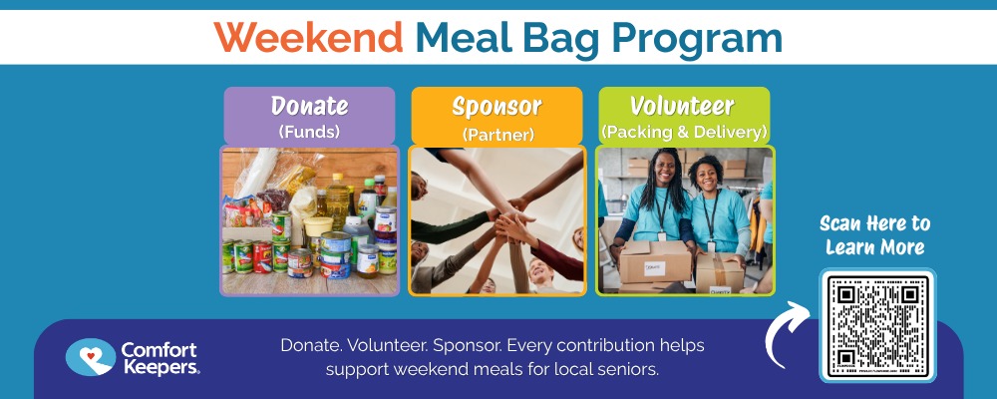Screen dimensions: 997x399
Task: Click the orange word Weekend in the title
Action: (308, 38)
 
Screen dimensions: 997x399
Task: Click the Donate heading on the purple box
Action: (310, 105)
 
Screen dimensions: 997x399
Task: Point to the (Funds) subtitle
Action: (309, 132)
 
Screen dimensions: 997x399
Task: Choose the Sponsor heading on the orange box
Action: (498, 107)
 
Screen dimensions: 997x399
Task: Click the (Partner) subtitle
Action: (498, 135)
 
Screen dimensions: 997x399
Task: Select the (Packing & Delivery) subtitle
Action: (684, 133)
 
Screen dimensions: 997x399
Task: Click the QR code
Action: (877, 325)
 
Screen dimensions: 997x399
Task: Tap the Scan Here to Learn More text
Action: (874, 234)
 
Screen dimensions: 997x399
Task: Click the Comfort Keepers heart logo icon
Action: (91, 357)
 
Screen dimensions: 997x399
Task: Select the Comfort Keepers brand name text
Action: (160, 358)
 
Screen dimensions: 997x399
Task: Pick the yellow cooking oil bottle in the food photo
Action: (338, 201)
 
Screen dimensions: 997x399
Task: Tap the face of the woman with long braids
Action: (664, 170)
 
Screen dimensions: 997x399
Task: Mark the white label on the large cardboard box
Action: (654, 268)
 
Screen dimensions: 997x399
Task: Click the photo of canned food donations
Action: (310, 220)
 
